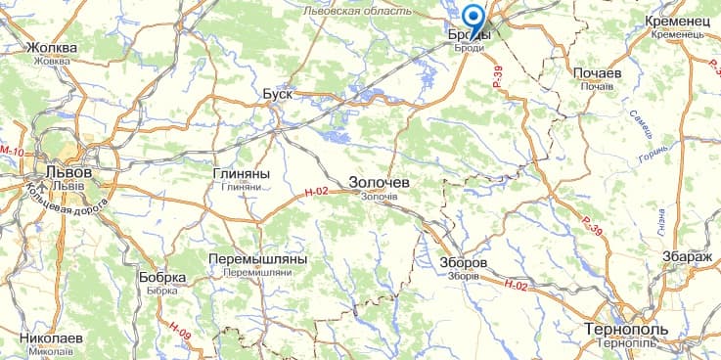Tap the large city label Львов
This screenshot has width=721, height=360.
tap(62, 171)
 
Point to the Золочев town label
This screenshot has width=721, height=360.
tap(380, 183)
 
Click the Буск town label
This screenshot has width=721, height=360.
tap(278, 94)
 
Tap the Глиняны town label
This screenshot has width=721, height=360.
tap(240, 173)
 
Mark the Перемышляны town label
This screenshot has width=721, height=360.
tap(257, 259)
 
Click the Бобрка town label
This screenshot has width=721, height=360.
tap(162, 278)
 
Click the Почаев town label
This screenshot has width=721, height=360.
tap(596, 73)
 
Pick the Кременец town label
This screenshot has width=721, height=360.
tap(683, 21)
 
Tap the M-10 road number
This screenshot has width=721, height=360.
tap(12, 152)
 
